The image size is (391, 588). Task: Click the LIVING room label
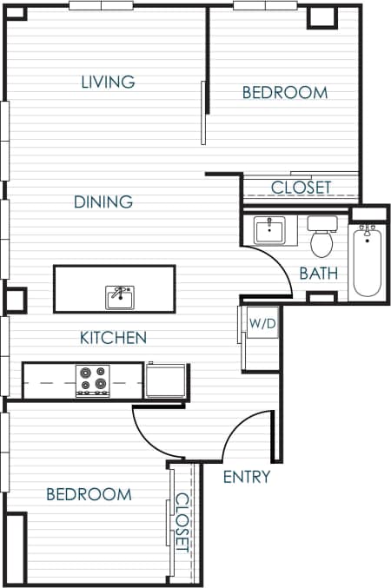(108, 83)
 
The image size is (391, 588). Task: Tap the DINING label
(103, 202)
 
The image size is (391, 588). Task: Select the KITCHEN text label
(113, 338)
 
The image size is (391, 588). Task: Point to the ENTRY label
(247, 477)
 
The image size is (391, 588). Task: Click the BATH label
(319, 273)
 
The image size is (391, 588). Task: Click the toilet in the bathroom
(322, 235)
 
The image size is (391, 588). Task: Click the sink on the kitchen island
(119, 297)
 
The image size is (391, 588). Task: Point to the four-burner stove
(93, 380)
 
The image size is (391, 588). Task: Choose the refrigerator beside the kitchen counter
(166, 380)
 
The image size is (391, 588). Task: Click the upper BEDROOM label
(284, 92)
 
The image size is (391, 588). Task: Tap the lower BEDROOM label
(89, 494)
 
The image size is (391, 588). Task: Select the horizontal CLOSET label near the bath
(301, 188)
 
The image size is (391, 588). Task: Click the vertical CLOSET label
(182, 522)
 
